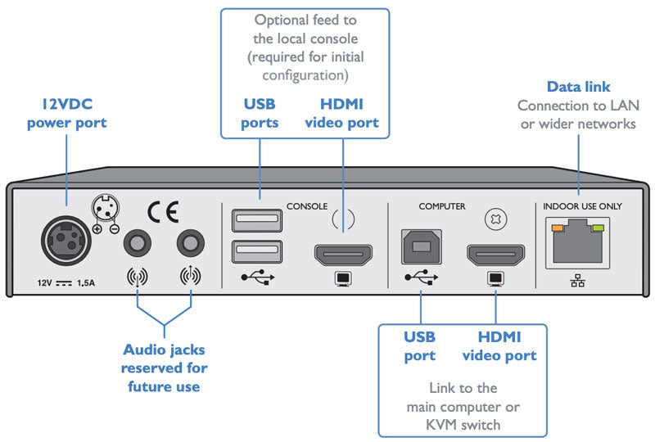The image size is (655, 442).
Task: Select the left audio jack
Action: click(x=135, y=245)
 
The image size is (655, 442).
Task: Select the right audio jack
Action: click(x=191, y=245)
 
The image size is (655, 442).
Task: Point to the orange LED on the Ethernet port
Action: click(x=558, y=228)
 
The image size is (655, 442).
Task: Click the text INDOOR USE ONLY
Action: click(x=582, y=206)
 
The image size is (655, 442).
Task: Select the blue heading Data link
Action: click(x=580, y=87)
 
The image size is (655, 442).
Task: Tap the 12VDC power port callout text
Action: click(x=67, y=115)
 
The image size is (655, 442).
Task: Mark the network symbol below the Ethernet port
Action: click(x=580, y=282)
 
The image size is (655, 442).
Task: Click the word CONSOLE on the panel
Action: click(x=307, y=206)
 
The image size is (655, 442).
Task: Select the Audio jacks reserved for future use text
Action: click(x=164, y=368)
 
